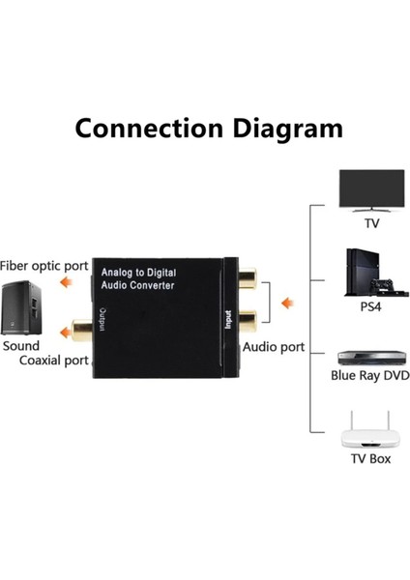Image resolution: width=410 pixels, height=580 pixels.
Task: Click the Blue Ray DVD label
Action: pyautogui.click(x=370, y=376)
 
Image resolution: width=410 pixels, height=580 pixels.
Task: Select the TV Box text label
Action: pyautogui.click(x=370, y=457)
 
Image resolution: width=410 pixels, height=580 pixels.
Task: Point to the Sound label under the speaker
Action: pyautogui.click(x=20, y=345)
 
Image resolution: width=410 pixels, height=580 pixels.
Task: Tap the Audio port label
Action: pyautogui.click(x=274, y=346)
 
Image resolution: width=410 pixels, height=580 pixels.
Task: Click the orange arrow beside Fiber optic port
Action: pyautogui.click(x=67, y=283)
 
